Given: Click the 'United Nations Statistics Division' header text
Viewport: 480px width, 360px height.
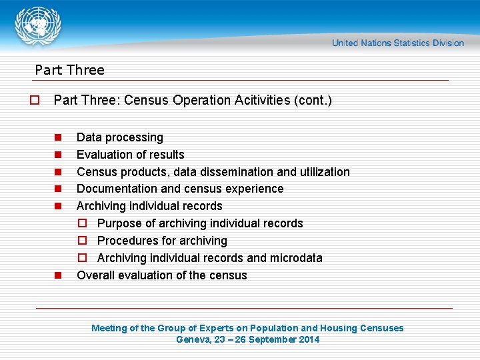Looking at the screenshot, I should (397, 43).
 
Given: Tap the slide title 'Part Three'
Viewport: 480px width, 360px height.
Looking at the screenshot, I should (69, 70).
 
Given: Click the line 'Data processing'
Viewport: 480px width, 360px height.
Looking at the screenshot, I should (120, 137).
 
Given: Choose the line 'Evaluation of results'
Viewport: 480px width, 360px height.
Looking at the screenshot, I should (131, 155).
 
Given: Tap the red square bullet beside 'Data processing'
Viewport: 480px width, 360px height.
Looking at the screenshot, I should (58, 137).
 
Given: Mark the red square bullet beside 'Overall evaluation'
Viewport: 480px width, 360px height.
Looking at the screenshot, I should (58, 275).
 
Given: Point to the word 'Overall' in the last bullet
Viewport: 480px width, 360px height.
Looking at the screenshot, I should (96, 275).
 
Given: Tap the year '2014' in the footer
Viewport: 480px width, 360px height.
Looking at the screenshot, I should (308, 339).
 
